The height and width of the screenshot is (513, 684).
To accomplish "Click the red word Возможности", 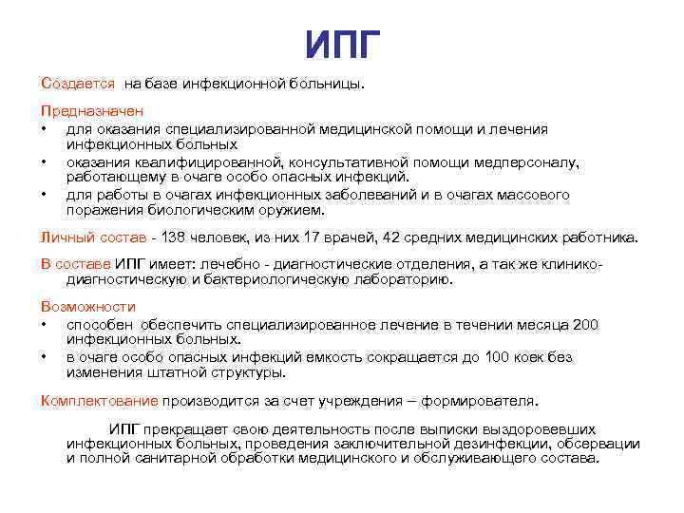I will point(88,307).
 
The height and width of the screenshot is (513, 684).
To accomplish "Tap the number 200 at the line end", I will point(586,324).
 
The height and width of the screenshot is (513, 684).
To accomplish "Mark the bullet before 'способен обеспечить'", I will point(44,325).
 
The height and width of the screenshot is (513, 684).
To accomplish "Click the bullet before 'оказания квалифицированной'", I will point(44,162).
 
